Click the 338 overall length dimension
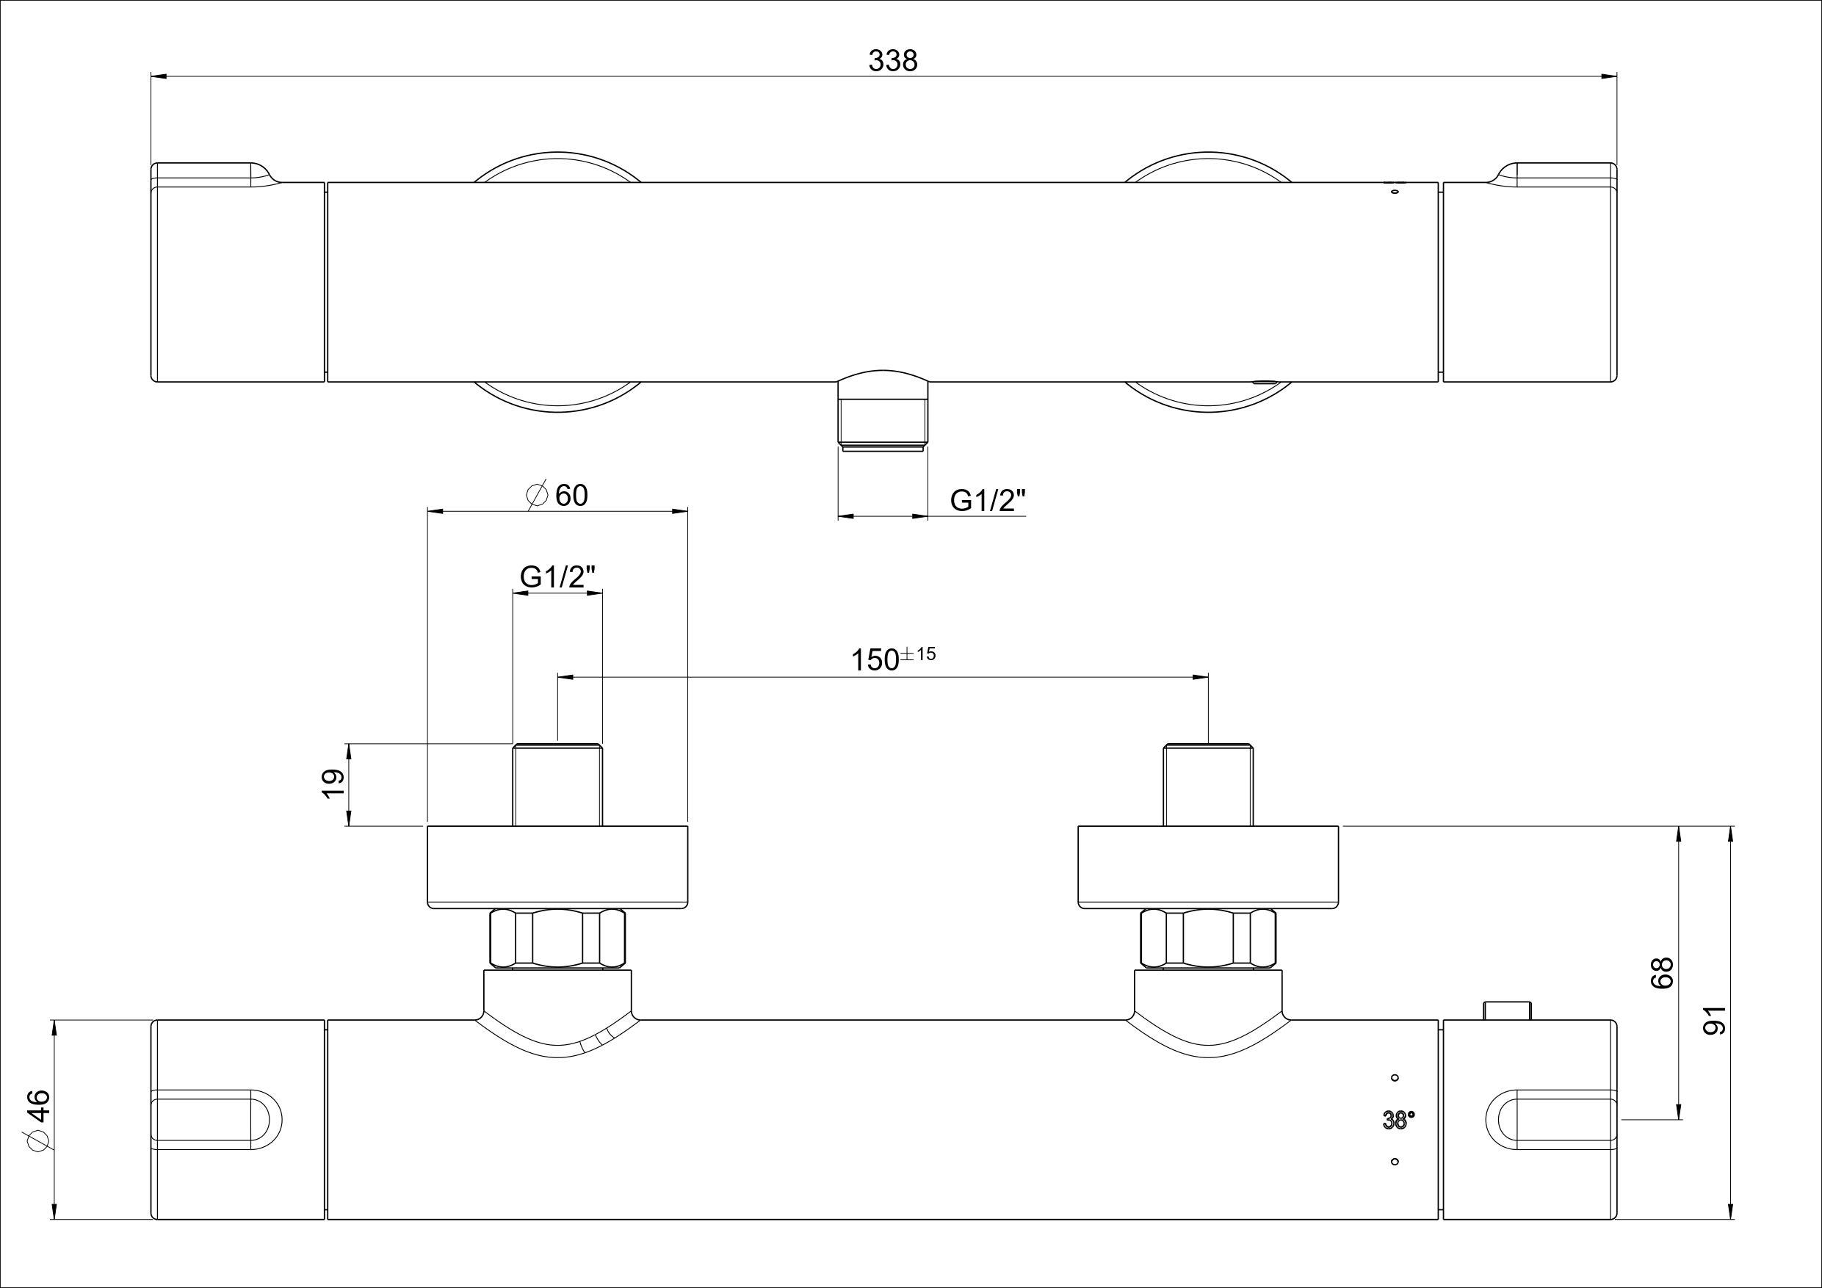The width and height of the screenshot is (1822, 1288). coord(893,61)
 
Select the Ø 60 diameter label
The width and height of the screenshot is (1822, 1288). coord(558,495)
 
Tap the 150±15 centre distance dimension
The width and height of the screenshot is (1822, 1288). coord(893,659)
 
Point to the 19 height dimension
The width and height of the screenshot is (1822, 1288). coord(334,784)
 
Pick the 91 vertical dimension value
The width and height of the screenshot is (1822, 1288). coord(1716,1020)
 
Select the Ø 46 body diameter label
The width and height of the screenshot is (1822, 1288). coord(39,1119)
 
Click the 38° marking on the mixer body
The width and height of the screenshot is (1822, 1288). coord(1398,1120)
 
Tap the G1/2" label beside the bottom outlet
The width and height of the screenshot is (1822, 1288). coord(988,500)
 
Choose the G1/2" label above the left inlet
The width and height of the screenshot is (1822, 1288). coord(557,577)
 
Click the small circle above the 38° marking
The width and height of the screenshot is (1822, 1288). coord(1395,1078)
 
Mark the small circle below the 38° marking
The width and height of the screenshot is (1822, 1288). coord(1395,1162)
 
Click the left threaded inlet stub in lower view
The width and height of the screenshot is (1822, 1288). coord(557,785)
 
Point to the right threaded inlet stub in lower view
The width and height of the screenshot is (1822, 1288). coord(1208,785)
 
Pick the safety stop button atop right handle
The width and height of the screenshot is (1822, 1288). coord(1507,1010)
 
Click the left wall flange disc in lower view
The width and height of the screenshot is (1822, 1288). coord(557,866)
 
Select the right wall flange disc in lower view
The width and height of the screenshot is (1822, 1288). coord(1208,866)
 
